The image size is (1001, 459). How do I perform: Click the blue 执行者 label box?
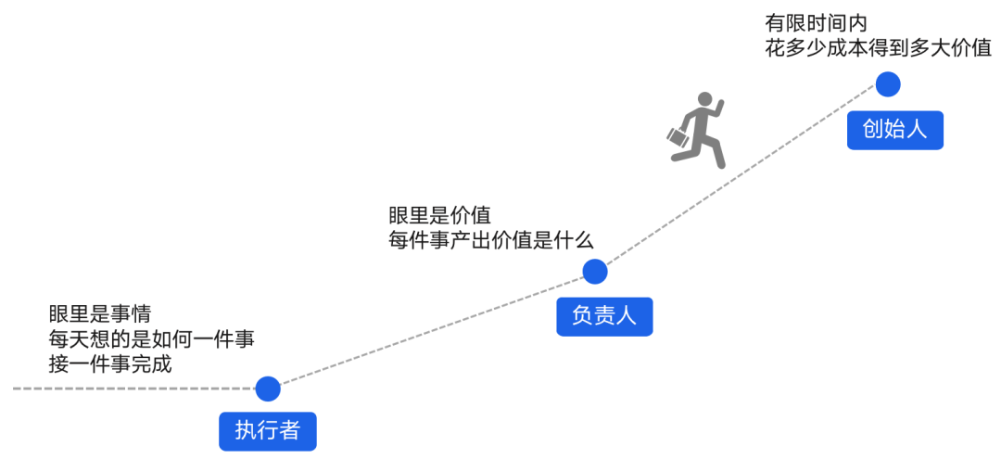[x=267, y=431]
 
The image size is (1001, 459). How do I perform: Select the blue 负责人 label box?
[x=604, y=316]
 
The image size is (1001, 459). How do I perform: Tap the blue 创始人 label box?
[x=894, y=130]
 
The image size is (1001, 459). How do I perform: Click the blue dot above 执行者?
[x=267, y=389]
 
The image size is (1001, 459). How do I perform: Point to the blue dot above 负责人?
[x=594, y=272]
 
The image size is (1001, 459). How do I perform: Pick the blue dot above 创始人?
[x=888, y=83]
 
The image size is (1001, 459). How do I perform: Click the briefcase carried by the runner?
[x=678, y=137]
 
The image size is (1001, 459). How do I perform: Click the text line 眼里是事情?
[x=100, y=313]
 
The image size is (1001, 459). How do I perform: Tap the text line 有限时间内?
[x=816, y=23]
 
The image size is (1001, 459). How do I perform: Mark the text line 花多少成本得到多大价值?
[x=878, y=49]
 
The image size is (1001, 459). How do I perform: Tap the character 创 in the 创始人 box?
[x=873, y=130]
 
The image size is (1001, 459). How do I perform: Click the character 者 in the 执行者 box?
[x=289, y=431]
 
